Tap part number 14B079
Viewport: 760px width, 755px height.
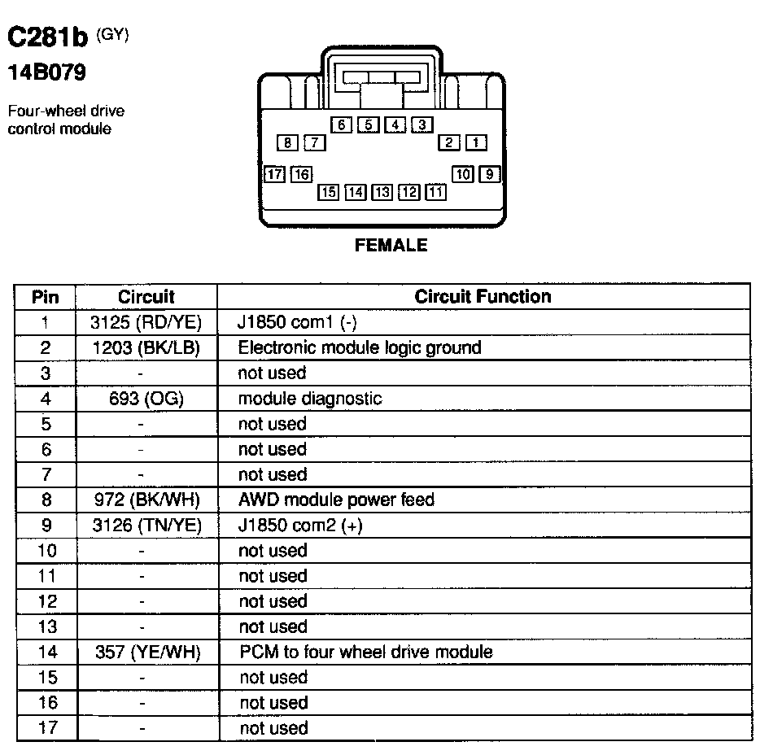coord(46,73)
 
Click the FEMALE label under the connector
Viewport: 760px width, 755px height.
coord(391,245)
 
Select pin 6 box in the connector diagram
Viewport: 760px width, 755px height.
coord(342,125)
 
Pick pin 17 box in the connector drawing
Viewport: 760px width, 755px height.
coord(275,174)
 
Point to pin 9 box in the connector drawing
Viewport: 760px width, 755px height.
coord(489,173)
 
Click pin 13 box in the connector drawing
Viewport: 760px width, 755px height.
coord(382,192)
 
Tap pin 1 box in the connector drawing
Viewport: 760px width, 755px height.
coord(476,143)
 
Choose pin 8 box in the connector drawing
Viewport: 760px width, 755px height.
coord(287,143)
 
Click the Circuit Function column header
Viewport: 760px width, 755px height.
coord(483,297)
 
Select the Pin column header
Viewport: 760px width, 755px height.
coord(46,297)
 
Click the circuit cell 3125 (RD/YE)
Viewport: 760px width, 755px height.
coord(146,322)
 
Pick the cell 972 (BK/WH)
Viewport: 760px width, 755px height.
coord(146,500)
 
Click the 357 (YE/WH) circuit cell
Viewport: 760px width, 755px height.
coord(146,652)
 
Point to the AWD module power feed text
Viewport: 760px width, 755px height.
coord(336,500)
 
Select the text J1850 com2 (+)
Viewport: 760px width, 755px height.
coord(300,526)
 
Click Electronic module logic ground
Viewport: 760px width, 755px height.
coord(359,348)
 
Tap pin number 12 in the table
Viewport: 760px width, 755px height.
coord(47,601)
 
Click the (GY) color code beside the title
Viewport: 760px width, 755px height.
coord(112,34)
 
